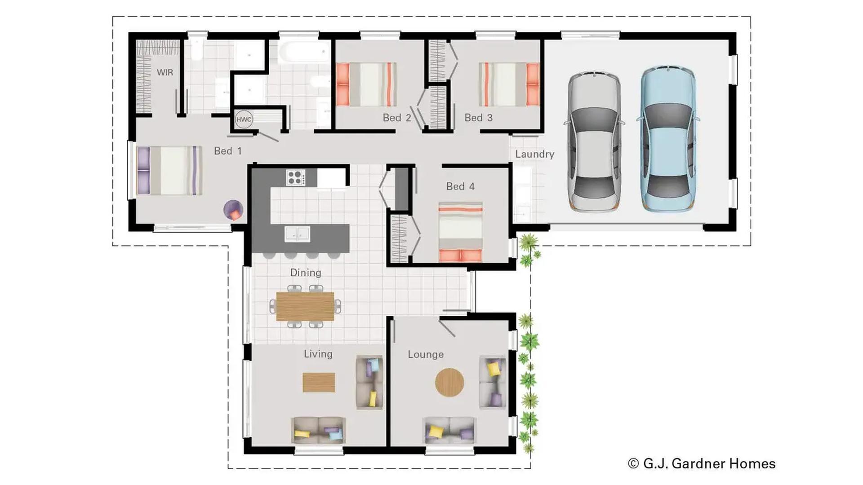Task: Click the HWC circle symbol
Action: point(244,119)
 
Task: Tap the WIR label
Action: point(165,72)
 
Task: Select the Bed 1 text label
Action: point(227,151)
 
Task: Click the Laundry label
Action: point(534,154)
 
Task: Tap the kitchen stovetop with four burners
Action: point(296,177)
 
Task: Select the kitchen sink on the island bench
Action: point(297,234)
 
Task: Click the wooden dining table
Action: point(305,306)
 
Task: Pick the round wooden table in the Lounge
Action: point(449,382)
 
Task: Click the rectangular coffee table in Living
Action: point(319,382)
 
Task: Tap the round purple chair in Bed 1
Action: point(233,210)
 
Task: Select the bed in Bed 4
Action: point(460,232)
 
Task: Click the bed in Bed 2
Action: point(366,84)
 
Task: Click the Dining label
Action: point(306,273)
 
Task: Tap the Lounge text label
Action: point(425,354)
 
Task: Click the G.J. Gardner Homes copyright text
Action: point(702,463)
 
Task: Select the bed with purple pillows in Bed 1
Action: point(169,171)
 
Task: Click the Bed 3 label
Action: point(478,118)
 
